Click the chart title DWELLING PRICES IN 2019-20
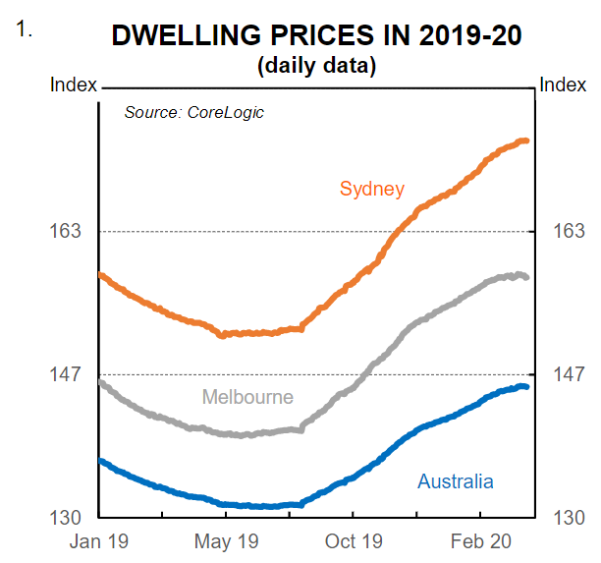click(x=316, y=36)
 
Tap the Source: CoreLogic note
click(x=193, y=112)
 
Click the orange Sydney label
click(x=372, y=189)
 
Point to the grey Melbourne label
click(x=247, y=397)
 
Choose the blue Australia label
click(x=455, y=481)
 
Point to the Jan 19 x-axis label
click(x=98, y=541)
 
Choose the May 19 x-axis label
click(x=226, y=541)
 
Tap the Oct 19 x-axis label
click(x=353, y=541)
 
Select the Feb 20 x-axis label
click(x=479, y=541)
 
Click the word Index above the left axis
click(x=74, y=85)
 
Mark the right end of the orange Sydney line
click(x=527, y=141)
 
